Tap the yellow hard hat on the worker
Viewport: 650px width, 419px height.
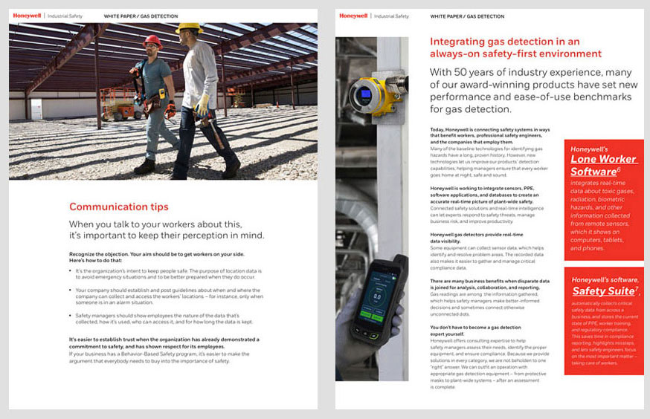point(188,28)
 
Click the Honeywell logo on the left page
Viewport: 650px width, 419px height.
point(27,15)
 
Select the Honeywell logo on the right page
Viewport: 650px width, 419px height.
point(353,15)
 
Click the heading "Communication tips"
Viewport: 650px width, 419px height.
point(118,207)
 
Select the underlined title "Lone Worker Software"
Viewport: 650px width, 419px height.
point(603,165)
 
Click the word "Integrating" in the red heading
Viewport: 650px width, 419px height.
point(455,42)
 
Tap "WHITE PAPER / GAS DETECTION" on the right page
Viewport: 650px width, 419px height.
point(467,16)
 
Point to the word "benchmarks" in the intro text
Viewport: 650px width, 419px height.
point(603,97)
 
